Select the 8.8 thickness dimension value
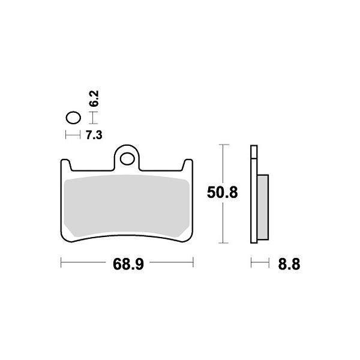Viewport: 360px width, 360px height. point(289,263)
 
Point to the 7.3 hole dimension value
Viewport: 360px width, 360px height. point(94,136)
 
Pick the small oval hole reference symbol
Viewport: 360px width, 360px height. point(73,118)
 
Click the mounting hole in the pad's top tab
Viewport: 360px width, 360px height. point(127,158)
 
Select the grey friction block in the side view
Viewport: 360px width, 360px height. point(262,207)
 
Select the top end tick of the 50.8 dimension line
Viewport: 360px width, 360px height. point(223,145)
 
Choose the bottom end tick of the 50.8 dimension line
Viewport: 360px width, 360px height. point(223,243)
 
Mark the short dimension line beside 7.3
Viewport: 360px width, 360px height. point(73,136)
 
